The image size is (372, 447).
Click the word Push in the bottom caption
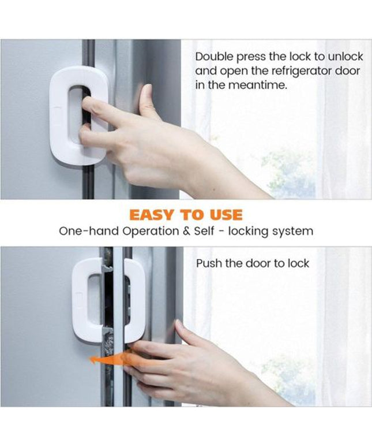[x=209, y=263]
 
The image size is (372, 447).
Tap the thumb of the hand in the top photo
[x=146, y=102]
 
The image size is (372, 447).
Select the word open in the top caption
[x=233, y=70]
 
